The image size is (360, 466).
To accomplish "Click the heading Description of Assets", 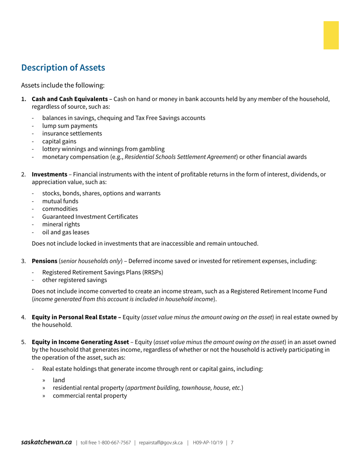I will click(x=63, y=67).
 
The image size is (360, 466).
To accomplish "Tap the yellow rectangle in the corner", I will click(x=331, y=35).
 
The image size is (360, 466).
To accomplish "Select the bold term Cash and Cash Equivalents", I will click(x=69, y=99).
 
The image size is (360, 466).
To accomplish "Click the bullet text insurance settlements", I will click(x=72, y=133).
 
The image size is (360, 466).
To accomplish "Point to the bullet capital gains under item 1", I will click(x=59, y=141).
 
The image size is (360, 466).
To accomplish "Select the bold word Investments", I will click(x=49, y=174).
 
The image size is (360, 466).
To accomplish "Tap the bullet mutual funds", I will click(x=60, y=201).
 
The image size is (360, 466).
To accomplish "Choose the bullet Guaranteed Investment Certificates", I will click(x=90, y=217).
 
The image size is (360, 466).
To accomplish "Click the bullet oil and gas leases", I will click(x=66, y=232).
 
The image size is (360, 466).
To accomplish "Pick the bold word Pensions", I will click(x=44, y=261).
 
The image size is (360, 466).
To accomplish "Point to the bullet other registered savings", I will click(x=75, y=280).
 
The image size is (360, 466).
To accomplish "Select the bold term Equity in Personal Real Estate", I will click(x=74, y=317).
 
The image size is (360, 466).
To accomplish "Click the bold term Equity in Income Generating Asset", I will click(x=80, y=342).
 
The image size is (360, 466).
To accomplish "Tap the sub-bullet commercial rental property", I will click(x=90, y=396).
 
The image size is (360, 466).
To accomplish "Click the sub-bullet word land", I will click(x=59, y=380).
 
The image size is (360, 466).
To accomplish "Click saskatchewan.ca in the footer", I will click(x=46, y=442).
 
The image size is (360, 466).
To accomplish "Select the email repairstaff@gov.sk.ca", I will click(x=161, y=443).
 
